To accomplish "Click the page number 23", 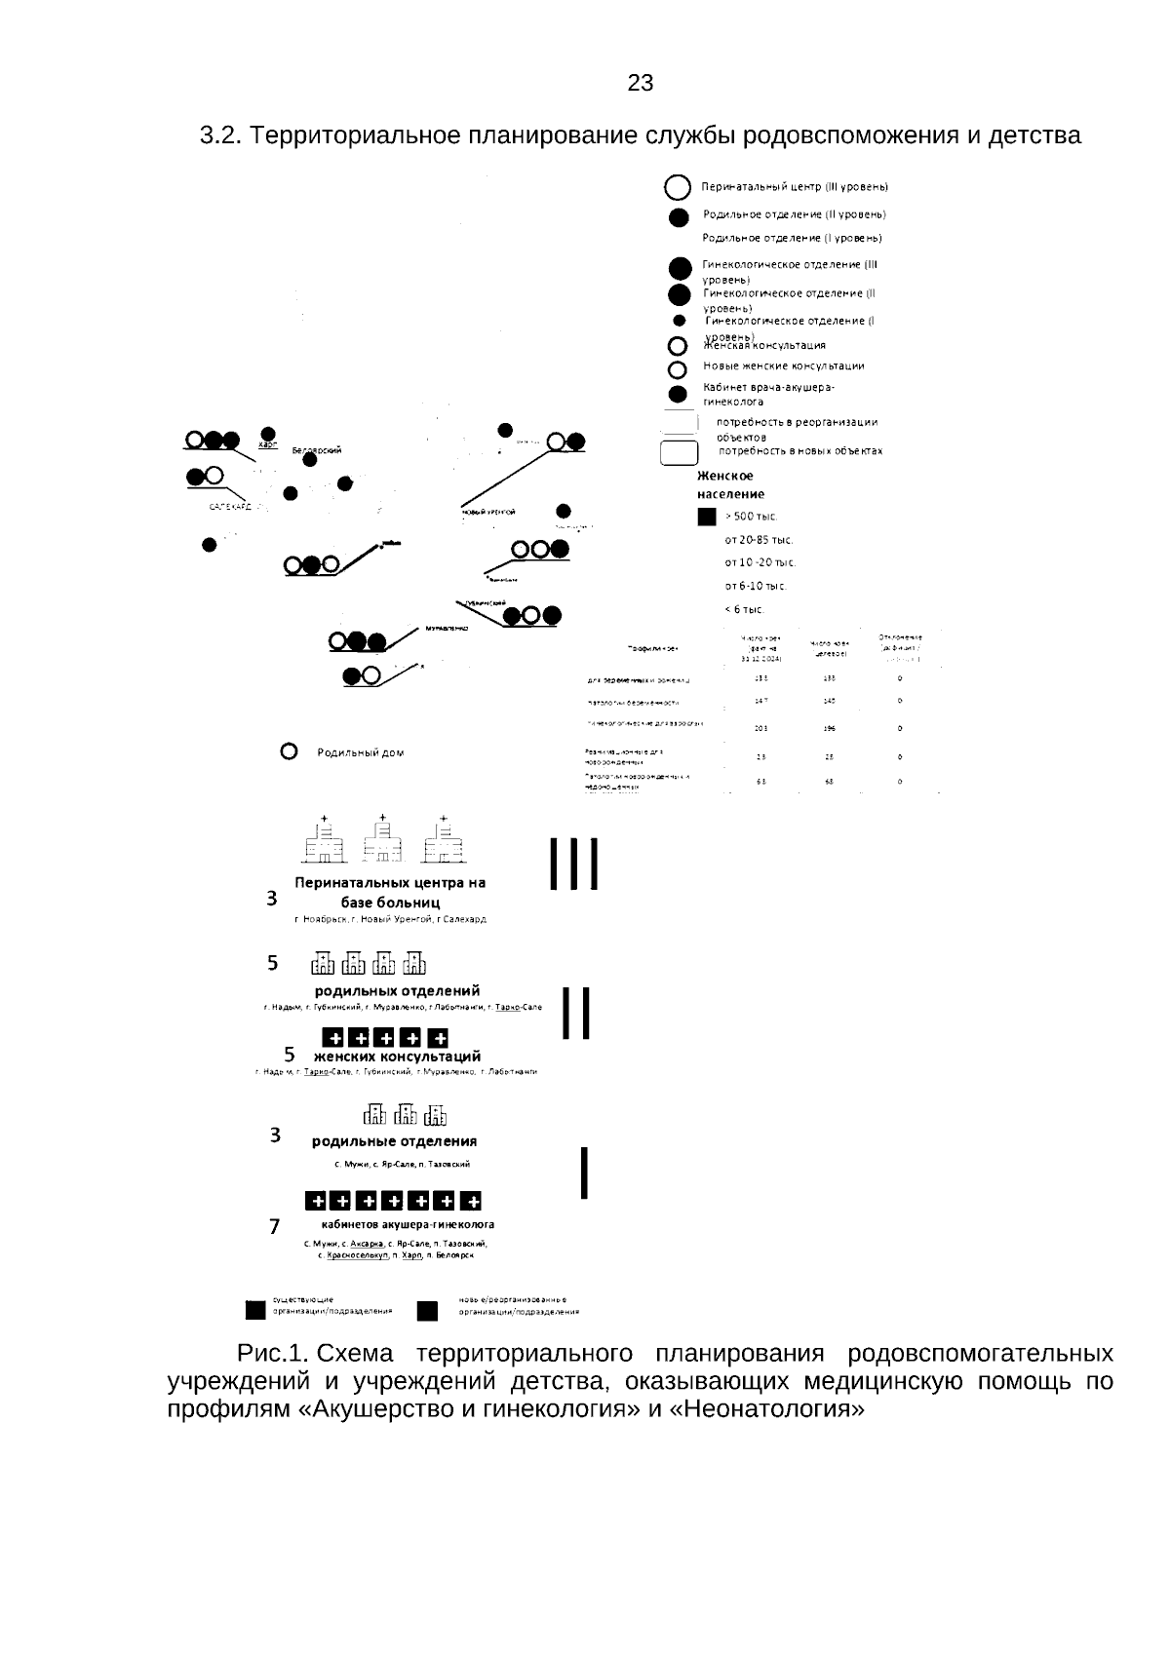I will (x=641, y=84).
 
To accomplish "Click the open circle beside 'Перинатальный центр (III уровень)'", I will (x=678, y=187).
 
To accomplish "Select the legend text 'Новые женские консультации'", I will (x=784, y=366).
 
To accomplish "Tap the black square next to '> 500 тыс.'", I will (x=707, y=517).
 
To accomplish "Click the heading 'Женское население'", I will (x=730, y=485).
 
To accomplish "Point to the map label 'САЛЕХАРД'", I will (x=230, y=508).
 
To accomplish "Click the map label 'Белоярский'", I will (x=317, y=450).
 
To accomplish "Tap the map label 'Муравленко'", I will (x=447, y=629).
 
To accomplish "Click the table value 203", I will (x=760, y=728).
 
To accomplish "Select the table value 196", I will (x=829, y=728).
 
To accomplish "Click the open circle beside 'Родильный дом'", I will (x=289, y=751).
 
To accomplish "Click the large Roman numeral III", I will (x=573, y=864).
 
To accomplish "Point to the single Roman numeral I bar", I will (x=583, y=1173).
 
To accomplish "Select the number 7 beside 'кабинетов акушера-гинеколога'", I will (x=276, y=1226).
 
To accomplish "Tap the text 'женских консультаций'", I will (x=397, y=1057).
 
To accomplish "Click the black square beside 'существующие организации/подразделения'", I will (x=255, y=1311).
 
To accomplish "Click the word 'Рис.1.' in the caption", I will (x=273, y=1355).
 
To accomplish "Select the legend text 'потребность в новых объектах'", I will (x=800, y=451).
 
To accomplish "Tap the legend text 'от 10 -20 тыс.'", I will (x=760, y=562).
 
